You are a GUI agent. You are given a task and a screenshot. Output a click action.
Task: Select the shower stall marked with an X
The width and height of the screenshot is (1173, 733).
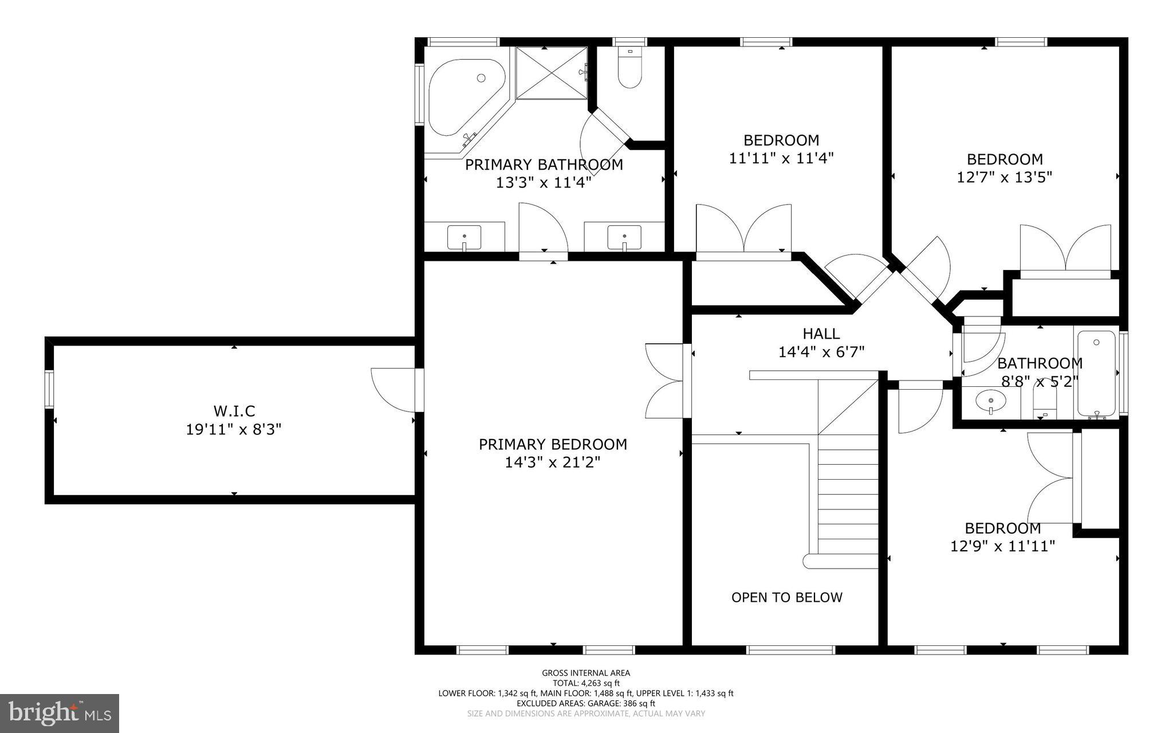552,73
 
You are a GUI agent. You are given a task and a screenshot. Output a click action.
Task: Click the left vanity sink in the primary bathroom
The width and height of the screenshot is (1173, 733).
464,237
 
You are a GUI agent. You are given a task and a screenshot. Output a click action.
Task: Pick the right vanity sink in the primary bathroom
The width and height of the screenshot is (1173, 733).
624,237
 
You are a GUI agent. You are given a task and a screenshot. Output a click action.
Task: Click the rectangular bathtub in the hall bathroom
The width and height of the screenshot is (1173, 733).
1096,373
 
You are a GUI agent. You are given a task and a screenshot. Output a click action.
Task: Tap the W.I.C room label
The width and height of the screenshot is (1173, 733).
234,411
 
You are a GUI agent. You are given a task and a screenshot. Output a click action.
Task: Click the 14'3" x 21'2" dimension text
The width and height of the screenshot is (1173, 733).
553,462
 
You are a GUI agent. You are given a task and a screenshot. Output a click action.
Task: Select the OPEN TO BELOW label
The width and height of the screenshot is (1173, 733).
787,597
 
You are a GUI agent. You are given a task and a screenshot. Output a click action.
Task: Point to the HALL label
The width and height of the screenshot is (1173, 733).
821,334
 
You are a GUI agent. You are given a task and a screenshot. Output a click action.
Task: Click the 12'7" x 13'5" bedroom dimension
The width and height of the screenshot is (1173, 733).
1005,177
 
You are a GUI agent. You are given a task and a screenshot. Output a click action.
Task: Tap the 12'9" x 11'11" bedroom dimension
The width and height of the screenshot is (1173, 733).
1002,546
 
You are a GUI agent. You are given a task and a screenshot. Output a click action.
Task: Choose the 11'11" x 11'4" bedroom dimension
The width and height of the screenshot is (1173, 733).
781,158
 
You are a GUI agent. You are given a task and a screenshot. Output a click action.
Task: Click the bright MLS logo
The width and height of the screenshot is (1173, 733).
60,713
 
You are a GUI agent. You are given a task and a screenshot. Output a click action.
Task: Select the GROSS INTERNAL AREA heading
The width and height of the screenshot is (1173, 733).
586,673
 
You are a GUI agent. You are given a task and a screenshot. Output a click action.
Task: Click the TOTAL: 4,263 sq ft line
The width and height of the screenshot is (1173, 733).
586,683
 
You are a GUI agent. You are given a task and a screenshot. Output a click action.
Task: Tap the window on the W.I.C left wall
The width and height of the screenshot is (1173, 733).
49,389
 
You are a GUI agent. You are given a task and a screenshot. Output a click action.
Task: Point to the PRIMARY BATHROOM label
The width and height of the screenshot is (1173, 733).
544,165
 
